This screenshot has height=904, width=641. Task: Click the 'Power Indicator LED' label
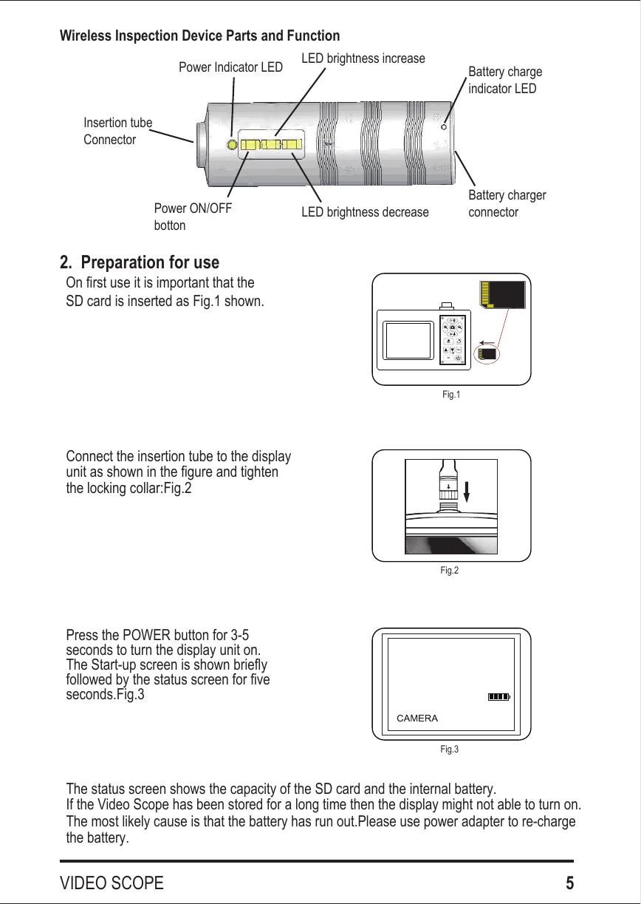pyautogui.click(x=230, y=68)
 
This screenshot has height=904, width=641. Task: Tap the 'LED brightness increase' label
pyautogui.click(x=364, y=58)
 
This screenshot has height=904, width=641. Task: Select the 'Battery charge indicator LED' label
pyautogui.click(x=505, y=80)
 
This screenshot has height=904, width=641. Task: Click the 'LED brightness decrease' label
pyautogui.click(x=365, y=213)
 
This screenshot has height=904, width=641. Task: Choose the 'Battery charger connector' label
pyautogui.click(x=507, y=204)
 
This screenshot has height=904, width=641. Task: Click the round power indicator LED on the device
pyautogui.click(x=231, y=145)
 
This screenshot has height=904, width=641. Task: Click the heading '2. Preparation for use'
pyautogui.click(x=140, y=263)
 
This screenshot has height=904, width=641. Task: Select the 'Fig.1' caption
pyautogui.click(x=450, y=395)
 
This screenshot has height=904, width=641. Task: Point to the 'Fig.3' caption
pyautogui.click(x=449, y=750)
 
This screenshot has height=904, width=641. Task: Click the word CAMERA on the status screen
pyautogui.click(x=417, y=718)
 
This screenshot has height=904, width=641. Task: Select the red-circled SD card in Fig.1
pyautogui.click(x=485, y=354)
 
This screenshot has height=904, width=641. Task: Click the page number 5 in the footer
pyautogui.click(x=569, y=883)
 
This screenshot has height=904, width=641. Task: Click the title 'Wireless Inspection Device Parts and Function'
pyautogui.click(x=199, y=36)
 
